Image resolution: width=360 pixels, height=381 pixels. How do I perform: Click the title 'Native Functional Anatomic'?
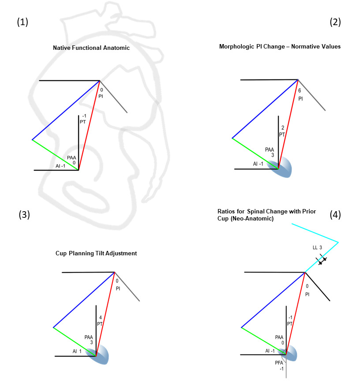coord(91,48)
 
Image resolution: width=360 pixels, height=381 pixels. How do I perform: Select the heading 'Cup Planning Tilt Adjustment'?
coord(96,253)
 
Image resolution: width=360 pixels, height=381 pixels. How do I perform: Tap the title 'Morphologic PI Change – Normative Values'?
coord(280,46)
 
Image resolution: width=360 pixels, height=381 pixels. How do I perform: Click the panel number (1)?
coord(22,22)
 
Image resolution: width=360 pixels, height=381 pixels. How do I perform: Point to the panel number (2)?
coord(335,22)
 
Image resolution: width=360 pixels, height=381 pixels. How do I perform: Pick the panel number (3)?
coord(25,215)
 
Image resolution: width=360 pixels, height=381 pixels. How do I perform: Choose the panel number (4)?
coord(335,215)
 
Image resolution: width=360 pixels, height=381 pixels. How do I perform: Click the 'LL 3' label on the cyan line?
coord(317,248)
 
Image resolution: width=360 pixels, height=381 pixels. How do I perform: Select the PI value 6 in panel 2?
coord(300,90)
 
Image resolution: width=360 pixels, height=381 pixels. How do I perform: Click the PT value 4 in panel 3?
coord(100,317)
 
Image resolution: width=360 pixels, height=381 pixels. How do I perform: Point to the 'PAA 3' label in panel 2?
coord(270,153)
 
